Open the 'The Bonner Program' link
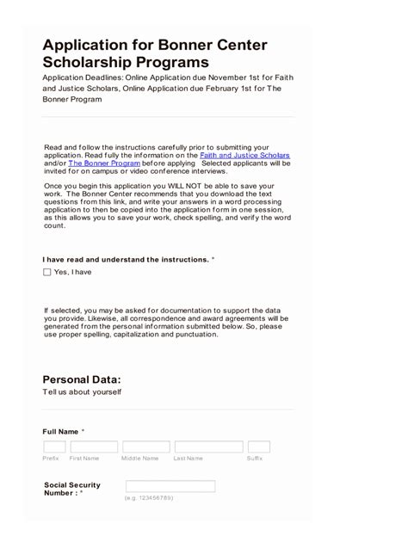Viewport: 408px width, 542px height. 103,163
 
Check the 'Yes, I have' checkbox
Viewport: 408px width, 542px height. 47,272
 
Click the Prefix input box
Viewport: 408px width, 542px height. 54,447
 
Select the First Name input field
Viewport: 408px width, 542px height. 94,447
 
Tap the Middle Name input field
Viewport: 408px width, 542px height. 145,447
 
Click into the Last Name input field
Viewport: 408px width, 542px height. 207,447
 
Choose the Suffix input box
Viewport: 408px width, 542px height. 258,447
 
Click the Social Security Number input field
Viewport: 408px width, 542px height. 170,486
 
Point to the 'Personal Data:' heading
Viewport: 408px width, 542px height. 82,379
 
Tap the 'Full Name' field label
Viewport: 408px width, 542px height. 60,430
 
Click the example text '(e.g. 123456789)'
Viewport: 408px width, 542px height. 149,498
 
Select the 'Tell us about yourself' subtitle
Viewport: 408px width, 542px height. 82,392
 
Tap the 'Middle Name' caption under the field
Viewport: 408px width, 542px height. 140,459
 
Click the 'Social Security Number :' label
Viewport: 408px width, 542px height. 71,489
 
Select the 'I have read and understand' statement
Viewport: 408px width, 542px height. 125,259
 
